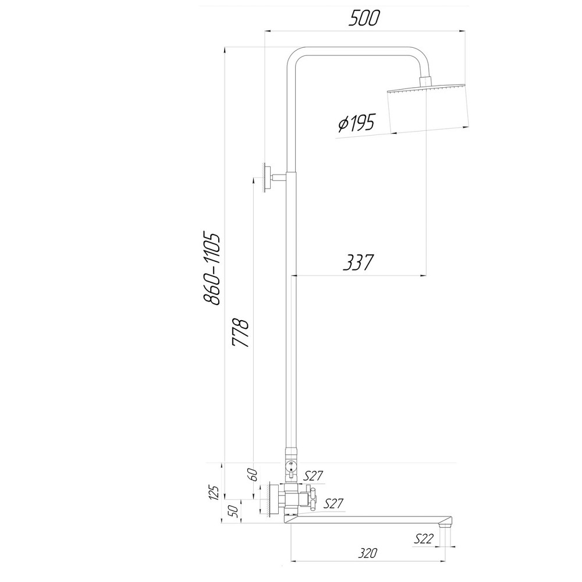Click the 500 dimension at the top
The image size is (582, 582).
tap(364, 18)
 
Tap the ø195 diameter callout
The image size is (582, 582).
tap(356, 123)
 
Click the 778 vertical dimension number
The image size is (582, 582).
tap(240, 333)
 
